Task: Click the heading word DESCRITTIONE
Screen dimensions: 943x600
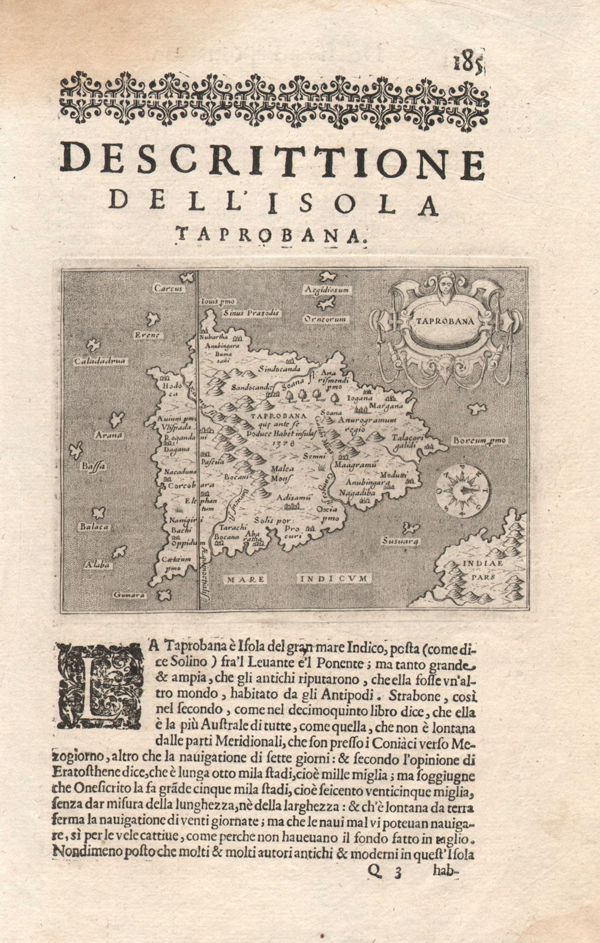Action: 273,163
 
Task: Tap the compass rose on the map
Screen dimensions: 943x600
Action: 463,490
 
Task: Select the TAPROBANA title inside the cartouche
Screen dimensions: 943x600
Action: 444,321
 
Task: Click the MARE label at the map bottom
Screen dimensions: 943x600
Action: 245,578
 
